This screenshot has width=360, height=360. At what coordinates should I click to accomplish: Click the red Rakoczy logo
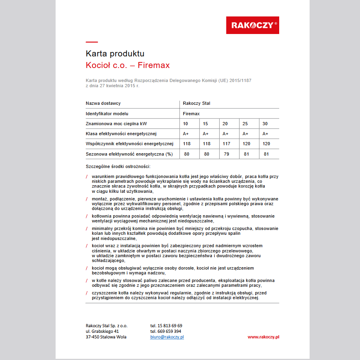(252, 25)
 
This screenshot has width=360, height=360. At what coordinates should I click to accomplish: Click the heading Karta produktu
(115, 54)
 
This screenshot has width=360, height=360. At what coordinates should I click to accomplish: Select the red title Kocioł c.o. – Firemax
(128, 65)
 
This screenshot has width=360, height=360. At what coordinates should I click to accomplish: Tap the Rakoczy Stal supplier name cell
(196, 104)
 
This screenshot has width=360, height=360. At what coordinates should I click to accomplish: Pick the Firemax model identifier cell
(191, 114)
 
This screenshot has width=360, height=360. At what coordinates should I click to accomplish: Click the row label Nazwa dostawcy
(103, 104)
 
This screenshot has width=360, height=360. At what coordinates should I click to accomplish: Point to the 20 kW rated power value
(225, 124)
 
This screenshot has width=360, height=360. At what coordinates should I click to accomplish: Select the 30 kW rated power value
(265, 124)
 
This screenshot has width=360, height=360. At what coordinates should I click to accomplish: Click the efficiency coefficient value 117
(226, 144)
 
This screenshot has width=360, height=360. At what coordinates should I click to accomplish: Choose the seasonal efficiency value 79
(226, 154)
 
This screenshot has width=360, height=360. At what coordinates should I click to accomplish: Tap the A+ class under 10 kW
(186, 134)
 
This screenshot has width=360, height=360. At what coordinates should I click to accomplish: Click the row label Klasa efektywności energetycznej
(121, 134)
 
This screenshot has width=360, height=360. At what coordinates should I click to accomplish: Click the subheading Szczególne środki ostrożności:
(118, 166)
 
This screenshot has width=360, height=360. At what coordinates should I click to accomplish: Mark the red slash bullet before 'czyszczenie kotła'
(87, 293)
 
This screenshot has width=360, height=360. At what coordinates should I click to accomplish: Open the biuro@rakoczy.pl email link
(167, 337)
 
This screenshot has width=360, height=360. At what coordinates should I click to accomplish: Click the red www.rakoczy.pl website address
(263, 337)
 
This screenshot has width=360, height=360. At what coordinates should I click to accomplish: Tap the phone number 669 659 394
(166, 331)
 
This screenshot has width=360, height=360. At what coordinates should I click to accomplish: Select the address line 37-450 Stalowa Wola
(106, 337)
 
